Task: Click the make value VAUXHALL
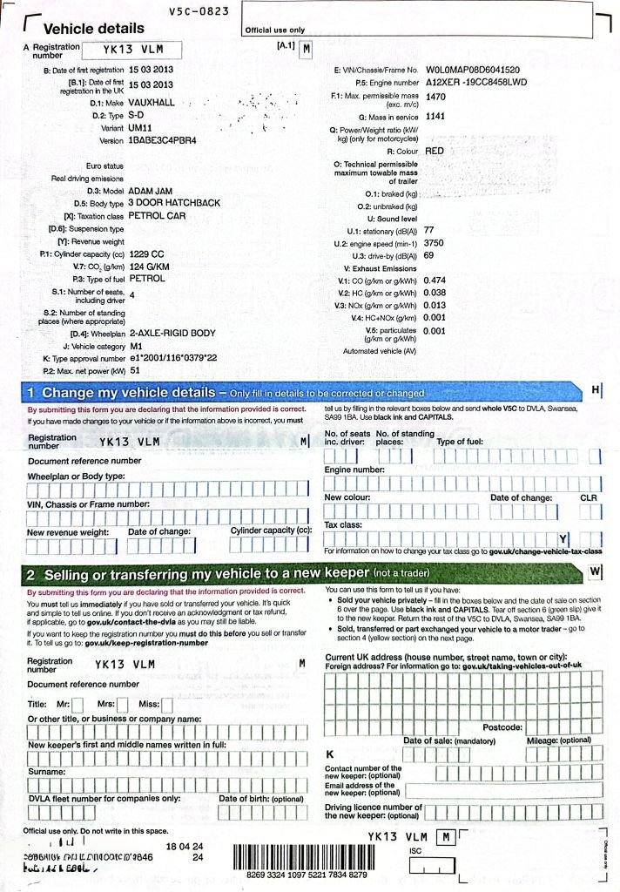coord(151,102)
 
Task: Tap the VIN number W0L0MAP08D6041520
coord(473,70)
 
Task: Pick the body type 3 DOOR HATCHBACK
coord(174,203)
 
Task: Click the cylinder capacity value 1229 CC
coord(146,253)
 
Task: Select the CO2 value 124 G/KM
coord(149,267)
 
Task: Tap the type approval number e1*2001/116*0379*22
coord(173,358)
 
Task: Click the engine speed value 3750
coord(434,243)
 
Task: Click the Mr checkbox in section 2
coord(77,704)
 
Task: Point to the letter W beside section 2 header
coord(596,572)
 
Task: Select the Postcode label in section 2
coord(502,726)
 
